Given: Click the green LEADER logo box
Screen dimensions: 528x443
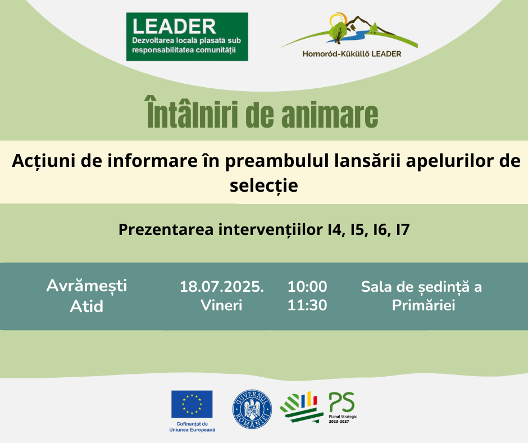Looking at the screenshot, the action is (187, 37).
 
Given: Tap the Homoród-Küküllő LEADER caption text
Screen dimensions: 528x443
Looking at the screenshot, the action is (352, 54).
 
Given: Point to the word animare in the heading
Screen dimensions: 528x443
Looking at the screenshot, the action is (330, 115).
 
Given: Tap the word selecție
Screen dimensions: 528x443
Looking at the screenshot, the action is (264, 186).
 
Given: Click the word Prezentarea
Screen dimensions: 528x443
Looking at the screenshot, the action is (166, 229).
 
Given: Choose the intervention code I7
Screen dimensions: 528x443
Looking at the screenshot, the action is (403, 230).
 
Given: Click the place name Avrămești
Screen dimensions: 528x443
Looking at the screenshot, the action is (87, 286).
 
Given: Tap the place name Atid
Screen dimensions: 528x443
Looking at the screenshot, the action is (87, 306).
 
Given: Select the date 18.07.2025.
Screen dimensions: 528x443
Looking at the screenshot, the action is (221, 287).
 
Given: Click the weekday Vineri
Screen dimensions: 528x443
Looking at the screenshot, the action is (221, 305).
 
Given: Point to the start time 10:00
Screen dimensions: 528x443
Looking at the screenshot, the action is (307, 287).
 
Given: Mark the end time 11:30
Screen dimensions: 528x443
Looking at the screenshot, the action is (307, 305).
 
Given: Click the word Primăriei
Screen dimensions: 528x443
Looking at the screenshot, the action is (424, 305).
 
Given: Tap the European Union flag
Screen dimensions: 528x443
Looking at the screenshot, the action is (192, 404).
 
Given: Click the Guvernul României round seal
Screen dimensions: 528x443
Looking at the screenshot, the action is (252, 409).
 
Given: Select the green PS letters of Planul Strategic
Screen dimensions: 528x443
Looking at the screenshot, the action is (342, 402).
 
